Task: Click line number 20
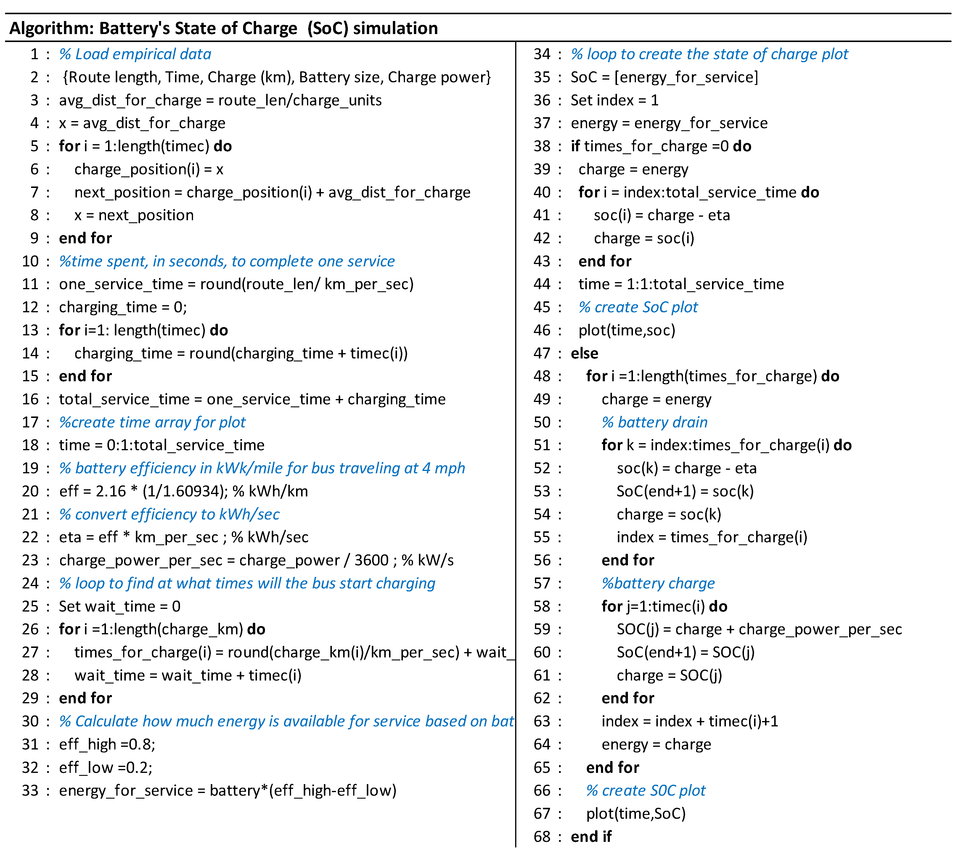pyautogui.click(x=30, y=491)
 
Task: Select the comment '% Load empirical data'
pyautogui.click(x=135, y=54)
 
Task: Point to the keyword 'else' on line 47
pyautogui.click(x=584, y=353)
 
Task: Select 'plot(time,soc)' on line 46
pyautogui.click(x=627, y=330)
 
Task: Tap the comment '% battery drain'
pyautogui.click(x=655, y=422)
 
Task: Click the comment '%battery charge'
pyautogui.click(x=658, y=583)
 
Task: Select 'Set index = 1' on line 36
pyautogui.click(x=614, y=100)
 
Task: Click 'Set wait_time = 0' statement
pyautogui.click(x=119, y=607)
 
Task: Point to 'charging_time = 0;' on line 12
pyautogui.click(x=123, y=307)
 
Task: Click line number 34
pyautogui.click(x=542, y=54)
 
